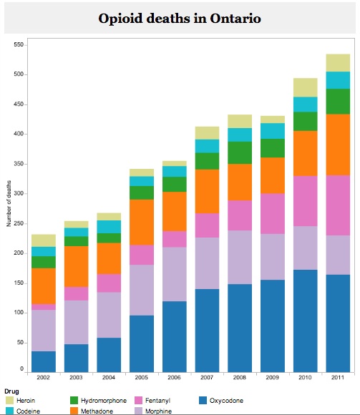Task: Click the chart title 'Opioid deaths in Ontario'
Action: click(180, 18)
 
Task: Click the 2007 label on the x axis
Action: click(208, 377)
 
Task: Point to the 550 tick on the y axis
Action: click(19, 44)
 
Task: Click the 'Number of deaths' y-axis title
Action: click(9, 205)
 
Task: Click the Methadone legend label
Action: click(98, 411)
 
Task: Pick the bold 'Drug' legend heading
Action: click(11, 391)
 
